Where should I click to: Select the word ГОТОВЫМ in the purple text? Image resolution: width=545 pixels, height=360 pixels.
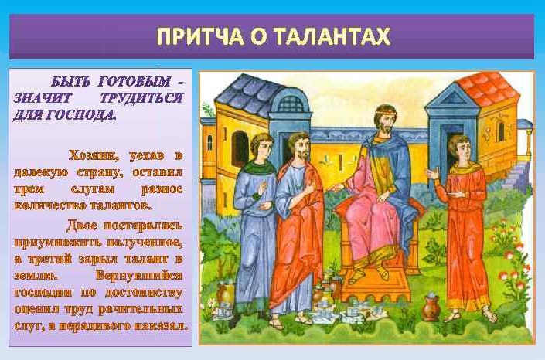(x=135, y=82)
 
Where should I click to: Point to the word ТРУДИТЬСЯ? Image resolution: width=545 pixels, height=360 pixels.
(x=141, y=98)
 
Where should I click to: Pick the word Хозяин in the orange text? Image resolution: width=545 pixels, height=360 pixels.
(x=94, y=156)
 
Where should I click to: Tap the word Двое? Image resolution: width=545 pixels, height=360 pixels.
(x=82, y=225)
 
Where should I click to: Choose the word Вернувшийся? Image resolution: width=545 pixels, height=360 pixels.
(x=138, y=276)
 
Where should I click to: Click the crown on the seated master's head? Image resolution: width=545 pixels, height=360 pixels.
(x=384, y=112)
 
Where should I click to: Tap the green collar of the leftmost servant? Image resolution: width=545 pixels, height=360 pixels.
(x=258, y=167)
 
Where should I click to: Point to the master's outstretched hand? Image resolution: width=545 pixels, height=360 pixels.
(x=336, y=188)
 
